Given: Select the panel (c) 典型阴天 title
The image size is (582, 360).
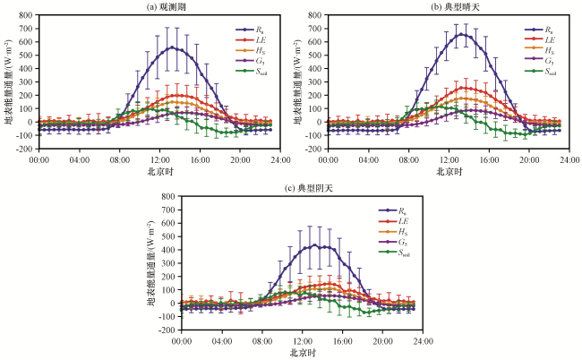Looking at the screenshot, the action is click(309, 189).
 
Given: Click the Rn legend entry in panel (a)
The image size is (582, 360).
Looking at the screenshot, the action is click(252, 30).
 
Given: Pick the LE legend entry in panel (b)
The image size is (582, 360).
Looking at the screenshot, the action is click(540, 40).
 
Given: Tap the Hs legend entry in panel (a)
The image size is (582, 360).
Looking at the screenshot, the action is click(251, 51).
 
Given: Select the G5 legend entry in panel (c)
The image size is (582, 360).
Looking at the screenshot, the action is click(393, 243).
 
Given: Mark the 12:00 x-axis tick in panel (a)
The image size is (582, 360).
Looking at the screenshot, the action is click(159, 160).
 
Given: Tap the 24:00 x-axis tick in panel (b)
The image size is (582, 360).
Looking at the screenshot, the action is click(569, 160).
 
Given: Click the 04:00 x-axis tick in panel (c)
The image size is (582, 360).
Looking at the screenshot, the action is click(222, 341).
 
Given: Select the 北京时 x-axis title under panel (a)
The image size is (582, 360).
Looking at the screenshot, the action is click(159, 171).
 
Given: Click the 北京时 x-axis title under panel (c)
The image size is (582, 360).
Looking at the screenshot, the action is click(303, 353).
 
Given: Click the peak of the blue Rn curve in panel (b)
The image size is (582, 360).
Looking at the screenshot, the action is click(461, 34).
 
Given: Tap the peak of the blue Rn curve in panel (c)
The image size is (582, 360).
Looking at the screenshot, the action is click(315, 245).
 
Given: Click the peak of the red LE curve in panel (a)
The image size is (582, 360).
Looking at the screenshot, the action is click(176, 96).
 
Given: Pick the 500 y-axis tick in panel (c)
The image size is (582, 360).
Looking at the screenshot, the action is click(169, 236).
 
